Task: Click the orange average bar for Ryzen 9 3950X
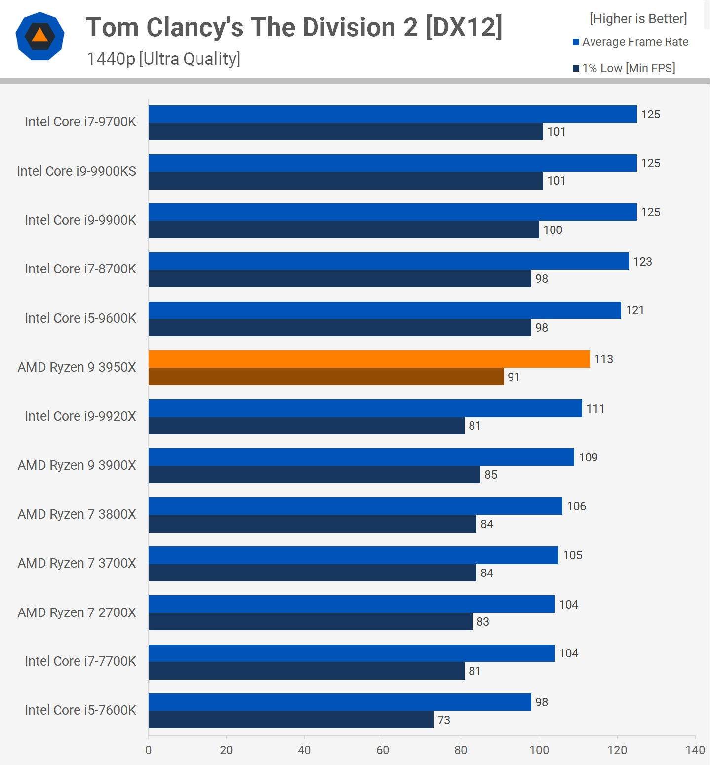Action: click(x=369, y=359)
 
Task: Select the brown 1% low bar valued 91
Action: click(x=326, y=377)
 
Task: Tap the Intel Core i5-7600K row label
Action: click(x=80, y=710)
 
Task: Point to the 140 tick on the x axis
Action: click(x=695, y=750)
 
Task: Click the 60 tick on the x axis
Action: click(x=383, y=750)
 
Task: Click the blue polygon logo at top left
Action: click(x=40, y=37)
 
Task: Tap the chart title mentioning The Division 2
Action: click(x=294, y=27)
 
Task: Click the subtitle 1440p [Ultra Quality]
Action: click(x=163, y=59)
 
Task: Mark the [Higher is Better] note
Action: click(x=638, y=19)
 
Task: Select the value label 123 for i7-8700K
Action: click(x=642, y=262)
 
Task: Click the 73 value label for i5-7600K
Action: click(x=444, y=720)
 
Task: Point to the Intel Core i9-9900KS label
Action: click(x=77, y=171)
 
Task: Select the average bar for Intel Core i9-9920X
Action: click(x=365, y=408)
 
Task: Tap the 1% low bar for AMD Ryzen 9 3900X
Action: click(x=314, y=475)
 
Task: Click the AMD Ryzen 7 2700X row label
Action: click(x=77, y=612)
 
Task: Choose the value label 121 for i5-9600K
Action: click(x=634, y=310)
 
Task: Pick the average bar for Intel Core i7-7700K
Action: click(x=352, y=653)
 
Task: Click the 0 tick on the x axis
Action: click(x=149, y=750)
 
